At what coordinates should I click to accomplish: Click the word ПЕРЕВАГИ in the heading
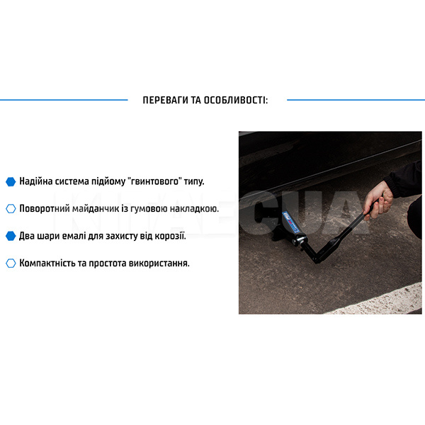[x=165, y=100]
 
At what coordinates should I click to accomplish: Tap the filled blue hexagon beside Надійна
[x=11, y=181]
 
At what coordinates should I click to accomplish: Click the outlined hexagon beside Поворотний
[x=11, y=209]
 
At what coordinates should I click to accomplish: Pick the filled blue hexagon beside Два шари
[x=11, y=236]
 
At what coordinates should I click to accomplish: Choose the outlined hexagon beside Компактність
[x=11, y=263]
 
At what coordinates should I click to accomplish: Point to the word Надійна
[x=36, y=181]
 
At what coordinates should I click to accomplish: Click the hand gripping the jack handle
[x=378, y=200]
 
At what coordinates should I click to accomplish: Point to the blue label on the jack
[x=290, y=222]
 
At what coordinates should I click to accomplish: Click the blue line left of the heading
[x=64, y=100]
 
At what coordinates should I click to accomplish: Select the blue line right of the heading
[x=356, y=100]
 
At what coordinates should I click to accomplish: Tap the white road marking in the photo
[x=380, y=300]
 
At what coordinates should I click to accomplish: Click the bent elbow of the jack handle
[x=317, y=260]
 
